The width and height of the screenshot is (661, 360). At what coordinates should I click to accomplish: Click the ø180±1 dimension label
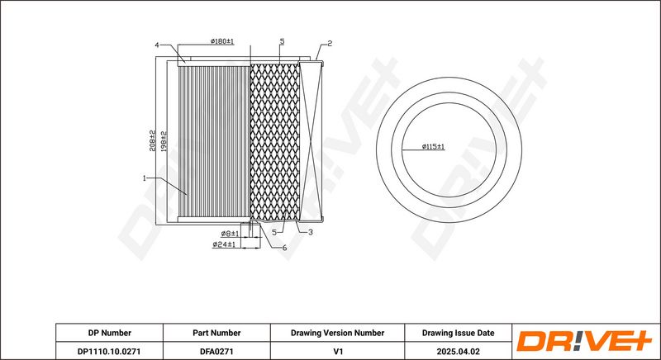pos(222,41)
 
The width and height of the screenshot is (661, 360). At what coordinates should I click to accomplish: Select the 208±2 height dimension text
pos(153,140)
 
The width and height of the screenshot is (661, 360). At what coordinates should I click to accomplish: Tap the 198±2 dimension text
pos(164,141)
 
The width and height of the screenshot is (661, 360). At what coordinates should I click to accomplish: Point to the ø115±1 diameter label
pos(433,146)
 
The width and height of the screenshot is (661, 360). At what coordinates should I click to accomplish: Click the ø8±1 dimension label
pos(230,234)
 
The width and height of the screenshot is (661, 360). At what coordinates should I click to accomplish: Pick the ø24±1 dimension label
pos(224,244)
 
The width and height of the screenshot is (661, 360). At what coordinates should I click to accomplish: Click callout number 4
pos(157,45)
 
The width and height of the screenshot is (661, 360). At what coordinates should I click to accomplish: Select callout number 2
pos(330,44)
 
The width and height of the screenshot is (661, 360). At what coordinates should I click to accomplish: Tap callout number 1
pos(144,178)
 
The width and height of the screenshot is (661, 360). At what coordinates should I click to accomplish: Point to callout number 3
pos(311,232)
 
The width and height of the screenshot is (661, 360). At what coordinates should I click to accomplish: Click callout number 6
pos(284,248)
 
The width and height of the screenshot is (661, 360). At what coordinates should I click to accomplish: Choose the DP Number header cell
pos(110,333)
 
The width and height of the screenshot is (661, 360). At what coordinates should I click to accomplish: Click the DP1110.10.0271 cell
pos(109,351)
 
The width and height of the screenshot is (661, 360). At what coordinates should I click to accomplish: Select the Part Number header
pos(216,333)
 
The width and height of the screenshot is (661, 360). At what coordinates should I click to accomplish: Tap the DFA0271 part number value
pos(216,351)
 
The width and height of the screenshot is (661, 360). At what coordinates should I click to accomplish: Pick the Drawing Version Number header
pos(337,333)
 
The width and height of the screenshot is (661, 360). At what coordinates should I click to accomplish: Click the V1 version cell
pos(338,351)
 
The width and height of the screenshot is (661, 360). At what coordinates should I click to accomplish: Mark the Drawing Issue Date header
pos(459,333)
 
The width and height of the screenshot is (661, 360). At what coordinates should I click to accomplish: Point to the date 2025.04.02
pos(459,351)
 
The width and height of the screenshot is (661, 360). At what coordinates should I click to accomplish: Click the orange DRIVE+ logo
pos(584,341)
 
